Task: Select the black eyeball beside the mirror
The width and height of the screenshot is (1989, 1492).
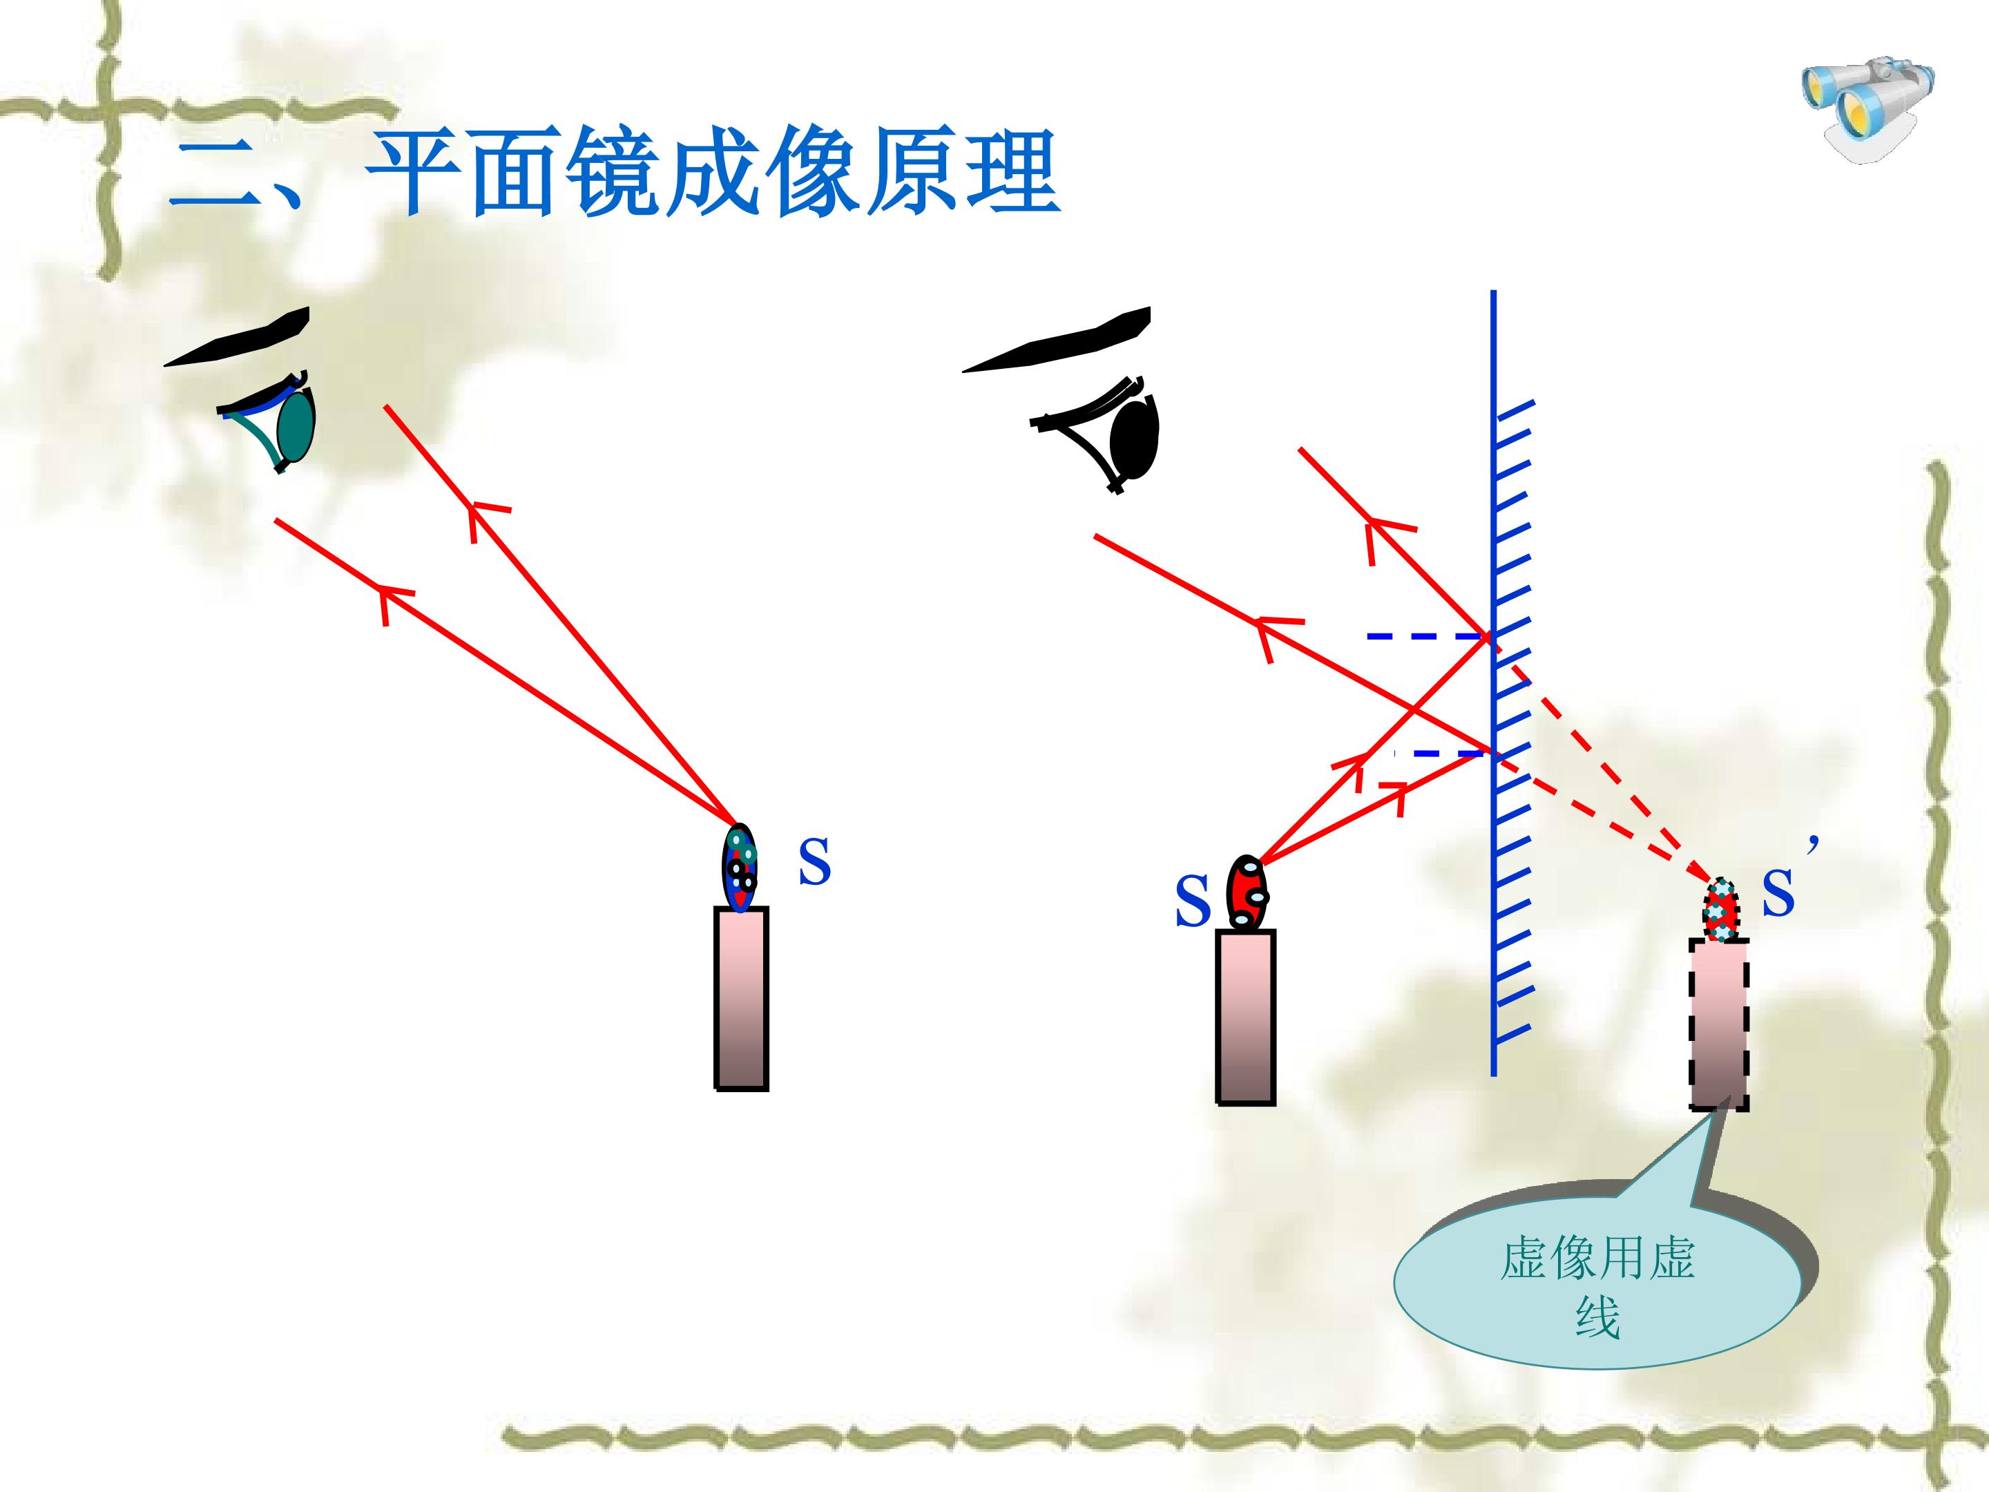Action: click(1135, 437)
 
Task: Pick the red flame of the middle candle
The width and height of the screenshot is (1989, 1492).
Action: click(1248, 893)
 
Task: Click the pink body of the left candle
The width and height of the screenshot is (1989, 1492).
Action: click(741, 1000)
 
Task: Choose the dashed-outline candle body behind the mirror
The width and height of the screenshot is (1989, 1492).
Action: click(1719, 1024)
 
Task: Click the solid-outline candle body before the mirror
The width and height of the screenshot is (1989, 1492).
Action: click(1245, 1017)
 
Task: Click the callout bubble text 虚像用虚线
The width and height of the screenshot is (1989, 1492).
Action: click(1597, 1287)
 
